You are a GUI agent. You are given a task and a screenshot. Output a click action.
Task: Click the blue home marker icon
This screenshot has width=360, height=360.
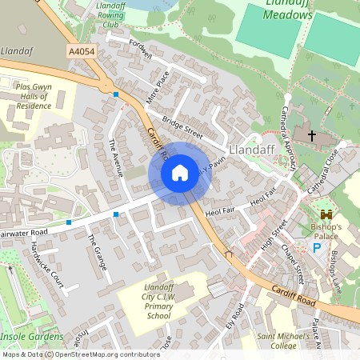[x=180, y=172]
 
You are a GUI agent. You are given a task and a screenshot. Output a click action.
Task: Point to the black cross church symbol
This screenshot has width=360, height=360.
[x=311, y=136]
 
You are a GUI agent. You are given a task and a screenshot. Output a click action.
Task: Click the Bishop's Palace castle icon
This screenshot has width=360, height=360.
[x=326, y=214]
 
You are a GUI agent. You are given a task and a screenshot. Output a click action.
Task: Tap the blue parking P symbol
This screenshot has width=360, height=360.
[x=317, y=248]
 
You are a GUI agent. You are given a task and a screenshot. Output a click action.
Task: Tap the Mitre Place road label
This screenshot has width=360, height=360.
[x=162, y=88]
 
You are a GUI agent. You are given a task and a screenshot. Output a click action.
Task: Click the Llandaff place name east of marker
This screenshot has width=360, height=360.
[x=252, y=150]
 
